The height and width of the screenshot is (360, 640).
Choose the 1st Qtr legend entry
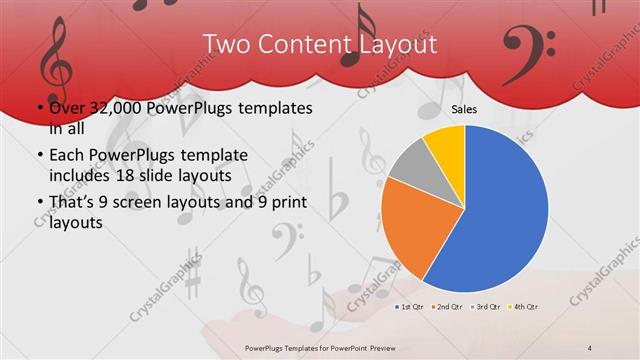pyautogui.click(x=412, y=305)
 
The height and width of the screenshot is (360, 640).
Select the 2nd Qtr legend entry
pyautogui.click(x=451, y=305)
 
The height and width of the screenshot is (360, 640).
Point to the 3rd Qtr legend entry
pyautogui.click(x=489, y=305)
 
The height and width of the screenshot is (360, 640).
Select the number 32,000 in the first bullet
pyautogui.click(x=113, y=107)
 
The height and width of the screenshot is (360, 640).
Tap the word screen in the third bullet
pyautogui.click(x=157, y=204)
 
